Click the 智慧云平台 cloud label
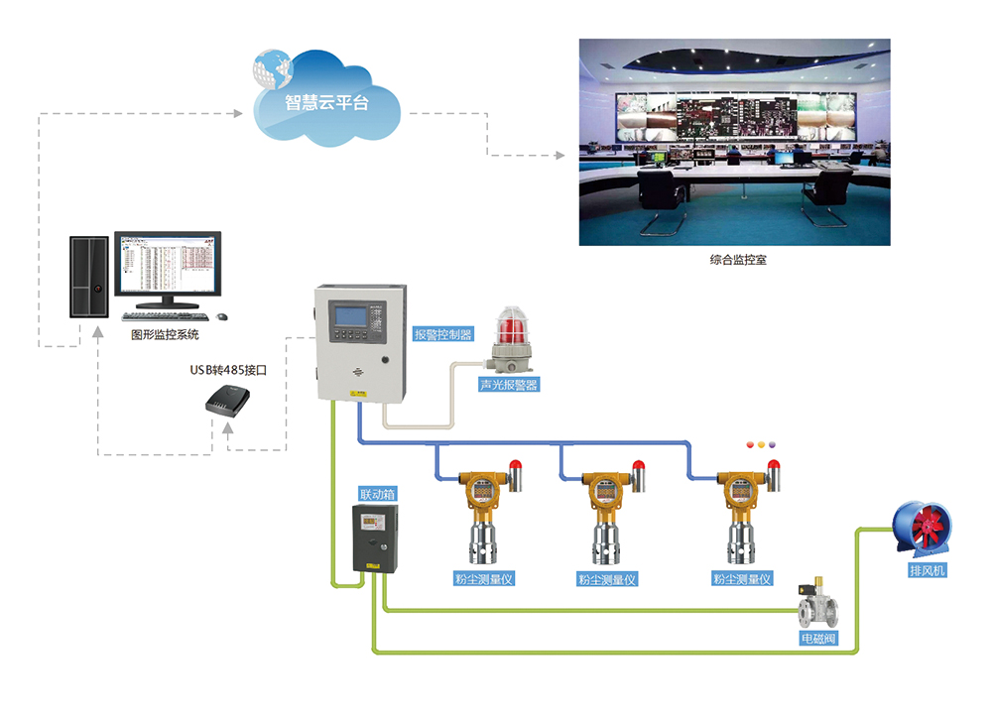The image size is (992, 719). (326, 101)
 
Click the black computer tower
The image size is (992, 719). (88, 277)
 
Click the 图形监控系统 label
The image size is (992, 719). (165, 335)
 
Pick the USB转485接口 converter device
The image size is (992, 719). (230, 401)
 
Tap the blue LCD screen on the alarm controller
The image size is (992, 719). (357, 317)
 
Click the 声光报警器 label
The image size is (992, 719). (510, 384)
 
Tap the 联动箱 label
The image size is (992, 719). (378, 493)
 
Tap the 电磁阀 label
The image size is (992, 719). (818, 639)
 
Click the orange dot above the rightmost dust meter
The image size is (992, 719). (761, 445)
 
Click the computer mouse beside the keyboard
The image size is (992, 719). (221, 316)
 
